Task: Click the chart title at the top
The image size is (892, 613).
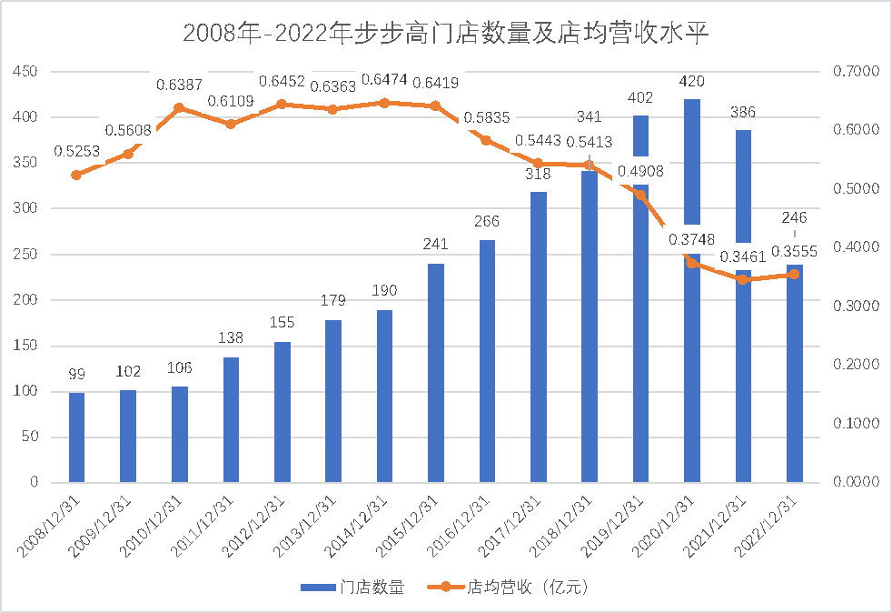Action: (445, 34)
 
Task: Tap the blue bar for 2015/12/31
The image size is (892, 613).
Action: (436, 373)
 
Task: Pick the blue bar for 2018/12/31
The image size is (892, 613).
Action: (590, 327)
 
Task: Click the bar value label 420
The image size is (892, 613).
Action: (692, 82)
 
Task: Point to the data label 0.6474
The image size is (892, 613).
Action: (384, 81)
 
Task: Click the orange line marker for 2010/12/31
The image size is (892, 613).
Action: (179, 107)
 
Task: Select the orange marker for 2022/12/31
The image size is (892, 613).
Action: (794, 274)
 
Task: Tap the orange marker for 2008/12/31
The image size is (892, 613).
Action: (76, 175)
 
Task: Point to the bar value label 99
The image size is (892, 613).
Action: (76, 375)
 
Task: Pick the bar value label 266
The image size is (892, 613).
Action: (487, 222)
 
